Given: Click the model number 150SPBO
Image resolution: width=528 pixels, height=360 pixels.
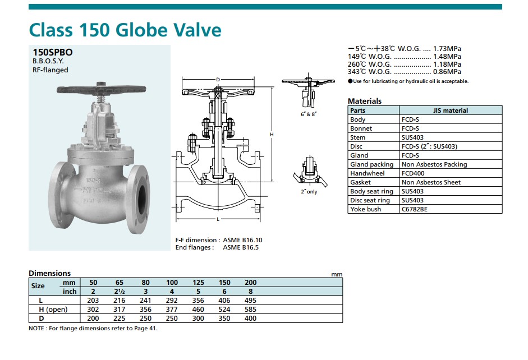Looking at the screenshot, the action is [53, 53].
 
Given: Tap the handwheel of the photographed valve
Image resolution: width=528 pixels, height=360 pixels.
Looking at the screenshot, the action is [102, 90].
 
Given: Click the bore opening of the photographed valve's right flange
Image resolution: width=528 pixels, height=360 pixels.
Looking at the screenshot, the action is [142, 199].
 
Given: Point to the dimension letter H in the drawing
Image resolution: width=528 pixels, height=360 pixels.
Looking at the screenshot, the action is [272, 135].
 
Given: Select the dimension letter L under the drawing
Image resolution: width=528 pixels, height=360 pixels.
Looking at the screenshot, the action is [218, 219].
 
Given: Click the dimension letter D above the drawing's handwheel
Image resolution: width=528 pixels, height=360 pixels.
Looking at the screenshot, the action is [218, 80].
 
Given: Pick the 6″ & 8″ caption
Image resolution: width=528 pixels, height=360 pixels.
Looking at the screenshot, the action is [309, 114].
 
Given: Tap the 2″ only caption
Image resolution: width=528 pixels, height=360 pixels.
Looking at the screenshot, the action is [309, 191].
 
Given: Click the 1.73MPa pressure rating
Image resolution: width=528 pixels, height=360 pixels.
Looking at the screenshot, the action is [447, 49].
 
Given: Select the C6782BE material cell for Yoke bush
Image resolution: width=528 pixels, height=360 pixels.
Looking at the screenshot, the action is [415, 209].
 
